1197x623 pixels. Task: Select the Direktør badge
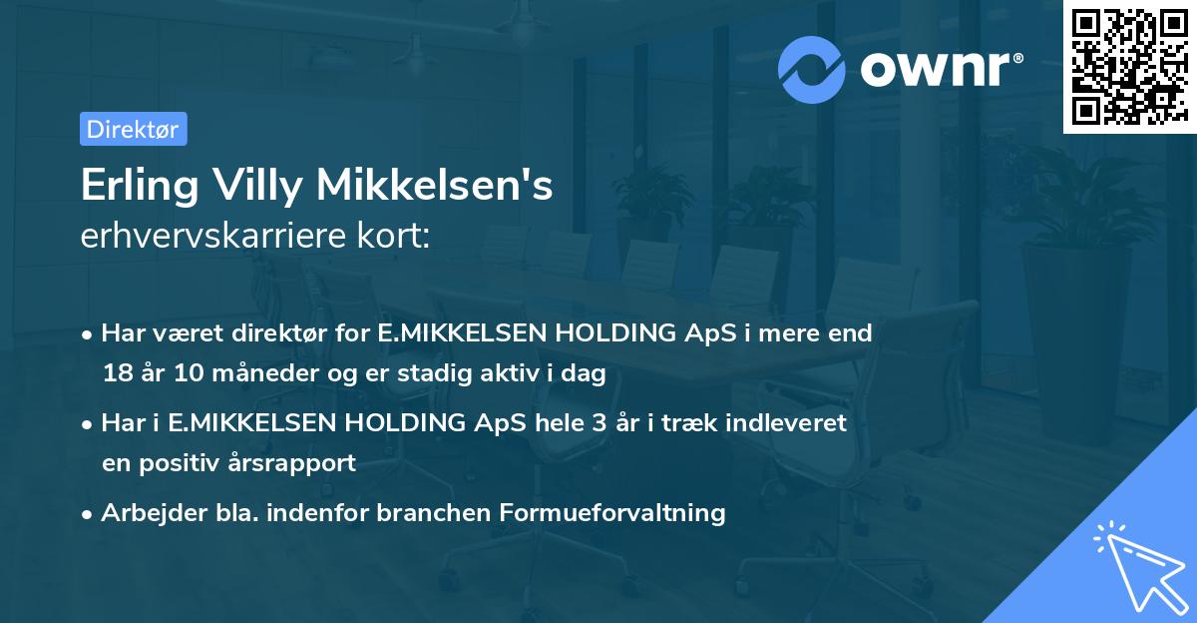point(134,129)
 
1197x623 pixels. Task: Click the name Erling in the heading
point(141,188)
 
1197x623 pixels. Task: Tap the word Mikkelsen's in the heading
point(436,188)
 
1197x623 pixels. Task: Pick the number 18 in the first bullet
point(116,372)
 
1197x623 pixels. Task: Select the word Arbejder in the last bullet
point(144,513)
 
